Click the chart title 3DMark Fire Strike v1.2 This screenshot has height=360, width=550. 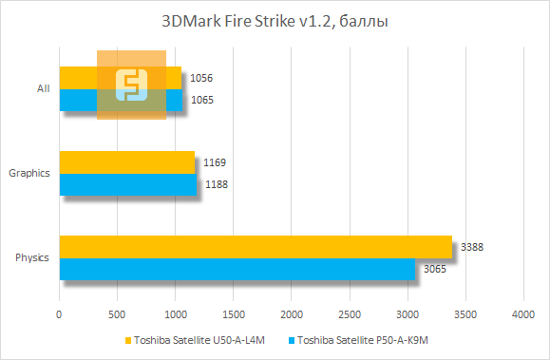click(x=275, y=19)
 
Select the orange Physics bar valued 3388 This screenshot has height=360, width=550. click(x=256, y=247)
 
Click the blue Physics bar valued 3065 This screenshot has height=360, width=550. click(x=237, y=269)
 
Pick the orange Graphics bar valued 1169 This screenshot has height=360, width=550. click(x=126, y=161)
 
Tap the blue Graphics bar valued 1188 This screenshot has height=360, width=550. click(x=128, y=183)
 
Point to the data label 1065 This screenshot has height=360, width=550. click(x=201, y=100)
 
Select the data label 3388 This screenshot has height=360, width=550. click(x=472, y=248)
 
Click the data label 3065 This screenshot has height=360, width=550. click(x=435, y=270)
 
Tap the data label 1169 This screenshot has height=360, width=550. click(x=214, y=163)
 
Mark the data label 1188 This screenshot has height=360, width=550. click(x=217, y=184)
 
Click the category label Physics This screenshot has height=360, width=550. click(x=32, y=258)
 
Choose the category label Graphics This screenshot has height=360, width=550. click(x=28, y=173)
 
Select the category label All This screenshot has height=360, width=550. click(x=43, y=88)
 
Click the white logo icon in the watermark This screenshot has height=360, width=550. click(x=131, y=85)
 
